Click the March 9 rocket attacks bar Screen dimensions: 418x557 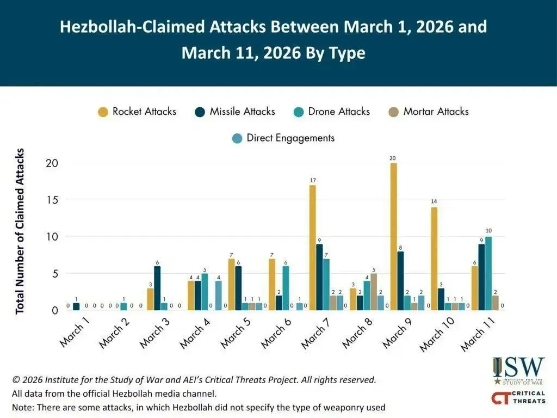click(393, 237)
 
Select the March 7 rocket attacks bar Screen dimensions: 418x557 click(313, 248)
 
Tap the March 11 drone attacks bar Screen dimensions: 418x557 click(488, 273)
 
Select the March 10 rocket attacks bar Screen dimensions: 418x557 click(434, 259)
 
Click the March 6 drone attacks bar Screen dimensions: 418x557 click(286, 288)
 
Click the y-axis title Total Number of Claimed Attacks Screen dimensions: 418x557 click(20, 230)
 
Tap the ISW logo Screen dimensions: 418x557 click(518, 370)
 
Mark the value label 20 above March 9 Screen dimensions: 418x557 click(393, 158)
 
